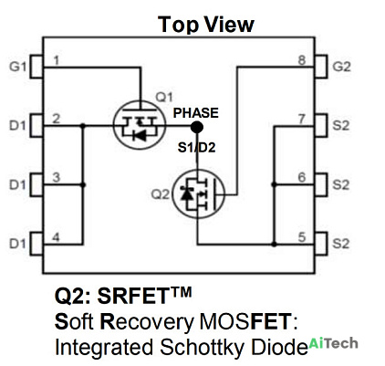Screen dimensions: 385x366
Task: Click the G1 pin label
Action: click(x=18, y=67)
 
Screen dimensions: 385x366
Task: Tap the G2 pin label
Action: click(x=341, y=67)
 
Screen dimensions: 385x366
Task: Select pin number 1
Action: click(x=56, y=60)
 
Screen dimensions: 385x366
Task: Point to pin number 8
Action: click(x=302, y=60)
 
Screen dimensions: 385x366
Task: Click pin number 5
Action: click(x=302, y=237)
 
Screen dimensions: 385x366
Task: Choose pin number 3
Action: click(x=56, y=178)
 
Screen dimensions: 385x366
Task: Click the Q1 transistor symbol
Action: click(x=140, y=125)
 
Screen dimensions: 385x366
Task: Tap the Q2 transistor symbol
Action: click(x=198, y=193)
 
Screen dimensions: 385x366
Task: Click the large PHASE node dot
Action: click(x=197, y=127)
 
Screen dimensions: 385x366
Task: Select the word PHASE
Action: click(x=196, y=113)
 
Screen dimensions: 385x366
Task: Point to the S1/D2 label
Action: click(x=196, y=148)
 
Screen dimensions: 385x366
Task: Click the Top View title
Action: click(x=206, y=25)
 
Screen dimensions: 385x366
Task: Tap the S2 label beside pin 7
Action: click(x=341, y=125)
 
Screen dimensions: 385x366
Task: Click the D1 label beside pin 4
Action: click(x=17, y=244)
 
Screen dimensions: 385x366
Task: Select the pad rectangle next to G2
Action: click(x=321, y=67)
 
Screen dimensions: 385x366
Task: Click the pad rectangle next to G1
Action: click(x=36, y=67)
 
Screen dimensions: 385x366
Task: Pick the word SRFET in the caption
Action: click(x=133, y=296)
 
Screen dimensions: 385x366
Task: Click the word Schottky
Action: click(x=202, y=348)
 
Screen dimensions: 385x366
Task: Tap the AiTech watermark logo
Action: click(x=334, y=343)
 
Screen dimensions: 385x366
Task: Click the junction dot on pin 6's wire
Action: click(x=274, y=184)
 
